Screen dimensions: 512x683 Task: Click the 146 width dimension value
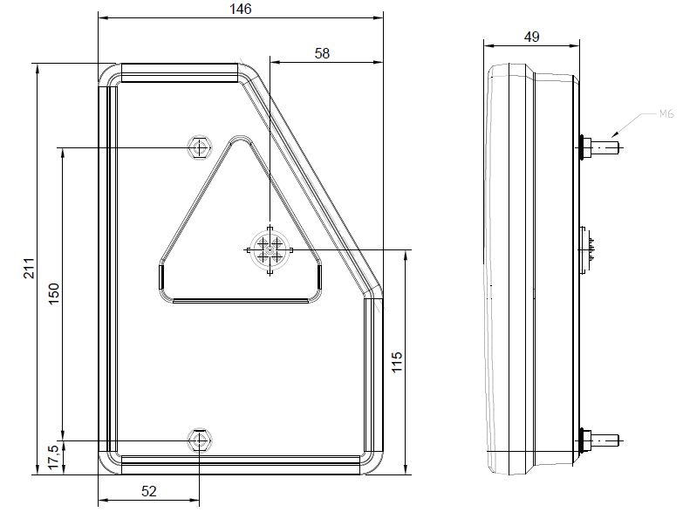241,9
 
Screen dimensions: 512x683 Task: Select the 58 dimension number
322,53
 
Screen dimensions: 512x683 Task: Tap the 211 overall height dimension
28,270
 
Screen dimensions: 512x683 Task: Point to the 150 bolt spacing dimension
53,294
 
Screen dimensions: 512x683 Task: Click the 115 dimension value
397,361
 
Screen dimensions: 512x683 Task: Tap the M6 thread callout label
666,113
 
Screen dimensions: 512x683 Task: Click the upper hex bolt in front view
200,147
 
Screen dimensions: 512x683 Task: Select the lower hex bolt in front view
200,440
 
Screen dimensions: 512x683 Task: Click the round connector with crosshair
270,250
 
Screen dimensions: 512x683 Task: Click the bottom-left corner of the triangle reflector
163,288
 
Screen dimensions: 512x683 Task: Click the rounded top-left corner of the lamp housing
109,74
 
